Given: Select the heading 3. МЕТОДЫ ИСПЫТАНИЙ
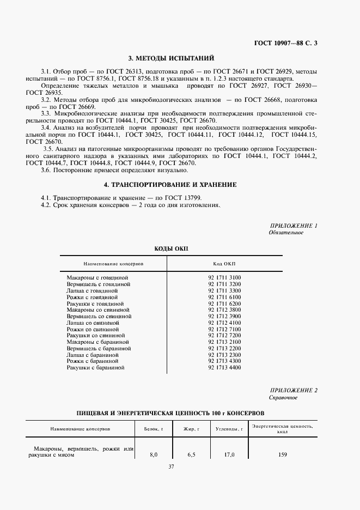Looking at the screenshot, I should (170, 58).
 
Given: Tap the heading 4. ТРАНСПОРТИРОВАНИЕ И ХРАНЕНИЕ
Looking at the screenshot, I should (170, 185).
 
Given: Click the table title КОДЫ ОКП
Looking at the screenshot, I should (170, 248).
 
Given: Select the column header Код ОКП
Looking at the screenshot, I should (224, 263).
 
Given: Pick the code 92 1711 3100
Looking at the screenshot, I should (224, 277).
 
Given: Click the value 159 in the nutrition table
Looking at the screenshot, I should (282, 454).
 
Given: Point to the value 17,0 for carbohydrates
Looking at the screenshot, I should (229, 454).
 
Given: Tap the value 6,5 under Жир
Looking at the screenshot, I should (191, 454).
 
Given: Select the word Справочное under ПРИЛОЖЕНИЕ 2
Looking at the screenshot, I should (283, 398).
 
